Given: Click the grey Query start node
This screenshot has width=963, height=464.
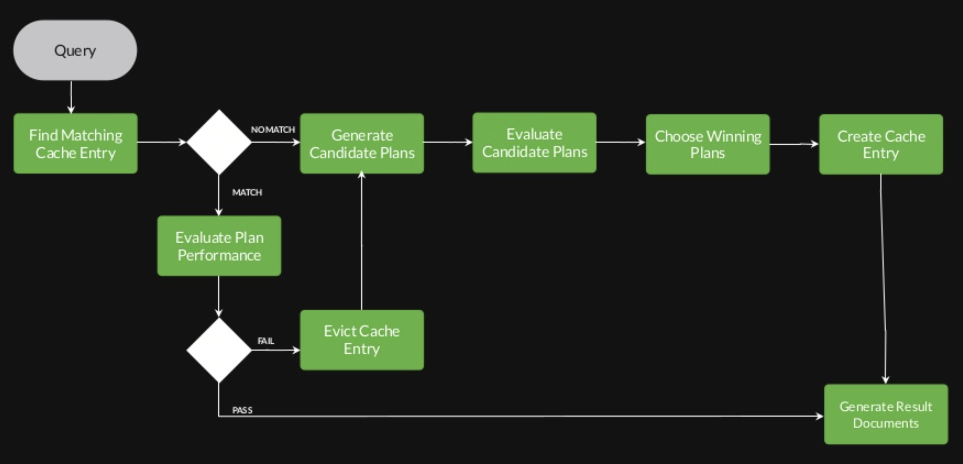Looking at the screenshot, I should click(75, 50).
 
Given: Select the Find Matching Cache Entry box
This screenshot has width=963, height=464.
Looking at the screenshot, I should click(75, 144).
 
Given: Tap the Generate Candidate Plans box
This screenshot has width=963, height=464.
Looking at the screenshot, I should click(362, 144).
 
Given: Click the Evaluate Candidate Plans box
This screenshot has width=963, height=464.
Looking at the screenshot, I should click(534, 143).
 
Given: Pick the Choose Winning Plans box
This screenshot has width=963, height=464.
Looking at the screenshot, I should click(708, 144).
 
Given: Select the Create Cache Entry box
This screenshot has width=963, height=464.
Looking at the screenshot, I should click(881, 144).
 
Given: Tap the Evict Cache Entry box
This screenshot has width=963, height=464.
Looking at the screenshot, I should click(362, 340).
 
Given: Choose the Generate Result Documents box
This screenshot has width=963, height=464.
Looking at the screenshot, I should click(886, 414).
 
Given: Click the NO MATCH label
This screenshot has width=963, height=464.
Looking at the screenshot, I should click(273, 130).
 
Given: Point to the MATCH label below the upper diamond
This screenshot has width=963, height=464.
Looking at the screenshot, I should click(247, 192).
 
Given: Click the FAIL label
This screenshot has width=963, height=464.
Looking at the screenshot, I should click(266, 341).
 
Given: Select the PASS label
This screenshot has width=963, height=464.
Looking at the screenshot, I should click(242, 410).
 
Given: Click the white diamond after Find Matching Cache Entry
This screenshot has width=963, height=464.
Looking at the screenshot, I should click(219, 142).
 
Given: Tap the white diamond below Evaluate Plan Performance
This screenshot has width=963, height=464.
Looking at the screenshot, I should click(219, 350).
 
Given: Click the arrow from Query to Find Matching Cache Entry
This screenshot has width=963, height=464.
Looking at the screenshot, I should click(71, 97).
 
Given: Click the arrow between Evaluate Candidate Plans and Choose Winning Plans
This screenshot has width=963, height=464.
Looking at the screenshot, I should click(620, 142).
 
